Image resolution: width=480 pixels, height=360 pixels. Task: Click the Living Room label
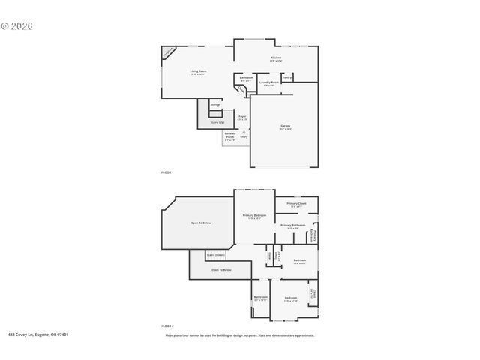198,71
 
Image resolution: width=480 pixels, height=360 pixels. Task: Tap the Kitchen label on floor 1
276,58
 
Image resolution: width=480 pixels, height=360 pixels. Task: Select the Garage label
286,125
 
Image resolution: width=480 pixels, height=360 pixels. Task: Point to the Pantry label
287,77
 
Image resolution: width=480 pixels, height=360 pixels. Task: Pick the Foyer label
242,117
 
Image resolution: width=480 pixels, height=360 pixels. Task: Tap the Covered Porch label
229,135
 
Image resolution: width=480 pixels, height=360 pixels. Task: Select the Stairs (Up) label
217,121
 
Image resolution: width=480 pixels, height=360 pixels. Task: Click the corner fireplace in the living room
169,54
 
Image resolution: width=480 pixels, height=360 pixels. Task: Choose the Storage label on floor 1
215,104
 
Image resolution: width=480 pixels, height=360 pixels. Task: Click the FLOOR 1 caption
167,172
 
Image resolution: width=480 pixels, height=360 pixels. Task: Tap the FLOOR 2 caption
167,326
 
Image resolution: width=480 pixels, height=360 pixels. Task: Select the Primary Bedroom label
254,216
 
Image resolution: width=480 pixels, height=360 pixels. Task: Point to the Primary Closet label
297,204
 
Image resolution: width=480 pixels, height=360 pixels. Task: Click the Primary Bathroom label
293,226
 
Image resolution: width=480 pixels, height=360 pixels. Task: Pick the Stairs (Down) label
216,255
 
